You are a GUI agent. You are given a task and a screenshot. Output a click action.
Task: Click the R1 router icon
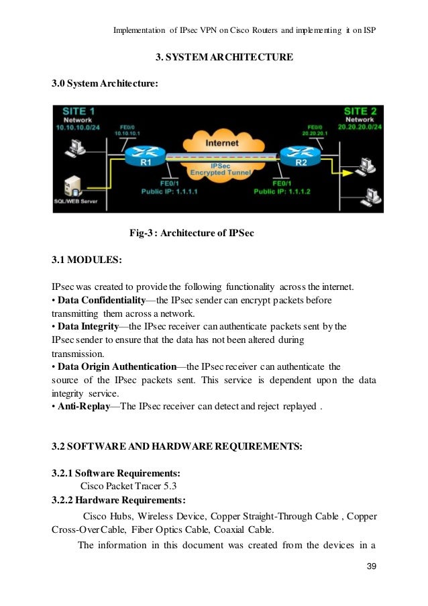pos(140,156)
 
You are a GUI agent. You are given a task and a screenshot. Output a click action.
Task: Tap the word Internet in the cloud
pos(221,143)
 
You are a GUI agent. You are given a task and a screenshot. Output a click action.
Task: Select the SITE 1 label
pos(78,111)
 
